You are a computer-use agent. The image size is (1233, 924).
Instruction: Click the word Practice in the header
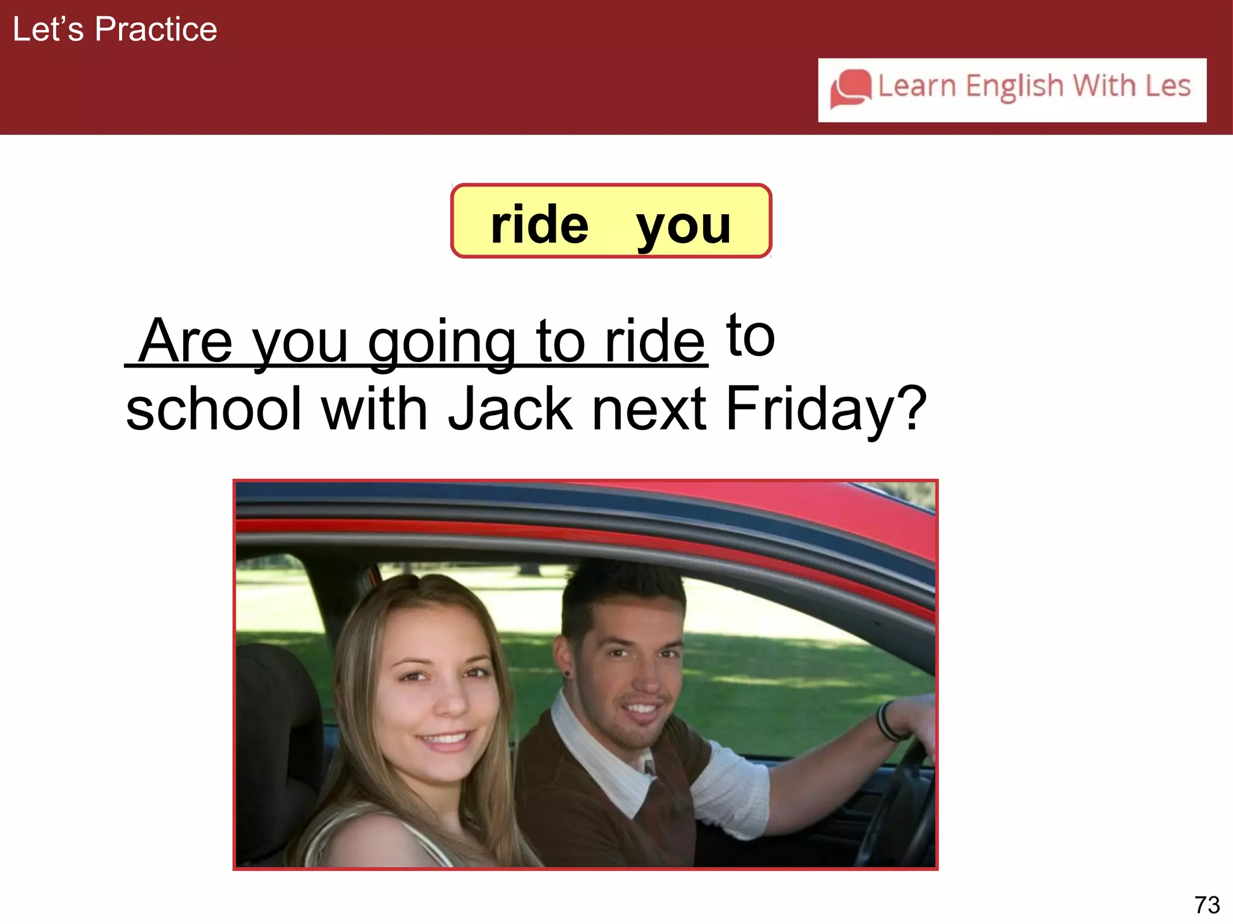coord(156,29)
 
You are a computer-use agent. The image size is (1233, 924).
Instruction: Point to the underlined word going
coord(441,343)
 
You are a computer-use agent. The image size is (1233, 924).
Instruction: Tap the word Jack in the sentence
coord(510,409)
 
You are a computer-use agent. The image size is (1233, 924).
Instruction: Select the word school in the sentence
coord(214,409)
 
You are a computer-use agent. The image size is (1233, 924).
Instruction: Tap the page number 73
coord(1207,905)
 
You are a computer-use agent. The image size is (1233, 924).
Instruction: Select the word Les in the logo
coord(1167,86)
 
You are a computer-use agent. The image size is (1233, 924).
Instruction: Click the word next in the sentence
coord(649,409)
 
